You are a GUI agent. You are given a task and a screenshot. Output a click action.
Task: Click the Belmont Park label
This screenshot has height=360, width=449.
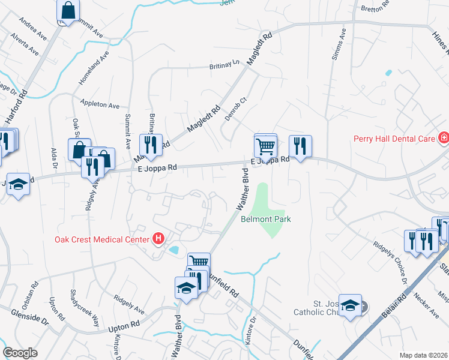click(x=266, y=220)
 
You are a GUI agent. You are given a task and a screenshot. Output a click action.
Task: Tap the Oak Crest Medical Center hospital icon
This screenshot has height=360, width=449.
click(x=158, y=239)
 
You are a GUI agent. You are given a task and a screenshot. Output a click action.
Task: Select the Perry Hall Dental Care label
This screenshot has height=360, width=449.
click(x=393, y=139)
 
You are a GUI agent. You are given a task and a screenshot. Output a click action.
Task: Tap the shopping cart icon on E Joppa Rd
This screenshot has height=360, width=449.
click(x=265, y=145)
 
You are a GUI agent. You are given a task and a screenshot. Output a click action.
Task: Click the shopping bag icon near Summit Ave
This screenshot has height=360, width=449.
click(x=68, y=11)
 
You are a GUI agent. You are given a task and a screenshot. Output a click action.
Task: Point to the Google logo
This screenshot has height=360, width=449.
click(x=20, y=353)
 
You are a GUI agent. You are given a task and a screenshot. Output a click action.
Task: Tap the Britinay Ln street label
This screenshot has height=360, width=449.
click(x=224, y=64)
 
